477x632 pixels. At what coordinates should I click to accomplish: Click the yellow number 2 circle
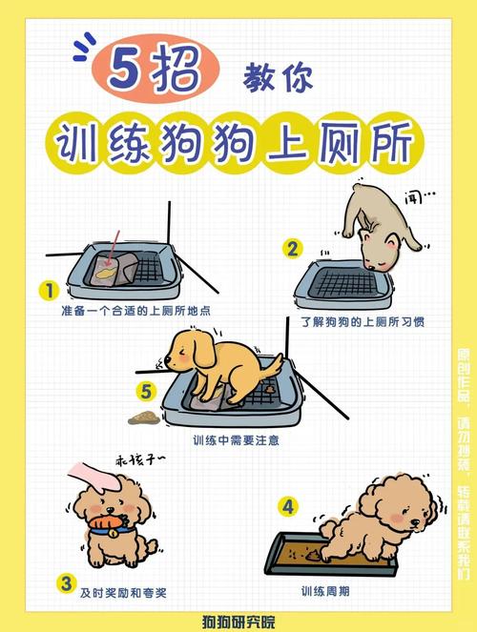tap(292, 249)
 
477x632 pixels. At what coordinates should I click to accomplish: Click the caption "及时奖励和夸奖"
tap(123, 592)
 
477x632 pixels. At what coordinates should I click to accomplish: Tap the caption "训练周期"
tap(325, 591)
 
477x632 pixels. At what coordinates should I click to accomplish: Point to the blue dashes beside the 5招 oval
tap(84, 44)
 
